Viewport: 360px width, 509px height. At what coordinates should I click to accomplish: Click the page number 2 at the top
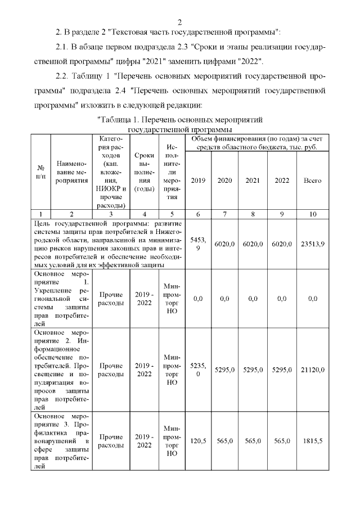pos(179,22)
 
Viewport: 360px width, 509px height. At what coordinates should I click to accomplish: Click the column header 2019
pos(198,181)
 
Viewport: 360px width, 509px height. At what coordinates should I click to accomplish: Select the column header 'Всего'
pos(313,181)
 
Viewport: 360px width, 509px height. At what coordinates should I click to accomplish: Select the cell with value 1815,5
pos(313,441)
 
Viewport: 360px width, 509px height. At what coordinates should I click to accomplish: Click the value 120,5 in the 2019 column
pos(198,441)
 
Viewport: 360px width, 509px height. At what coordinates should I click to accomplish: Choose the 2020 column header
pos(224,181)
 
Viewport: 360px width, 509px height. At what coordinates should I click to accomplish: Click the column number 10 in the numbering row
pos(313,214)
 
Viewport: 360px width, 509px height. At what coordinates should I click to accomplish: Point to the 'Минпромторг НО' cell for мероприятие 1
pos(172,299)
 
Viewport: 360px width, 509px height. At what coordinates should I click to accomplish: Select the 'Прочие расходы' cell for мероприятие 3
pos(111,441)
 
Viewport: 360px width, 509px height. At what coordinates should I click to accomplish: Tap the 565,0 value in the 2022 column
pos(282,441)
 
